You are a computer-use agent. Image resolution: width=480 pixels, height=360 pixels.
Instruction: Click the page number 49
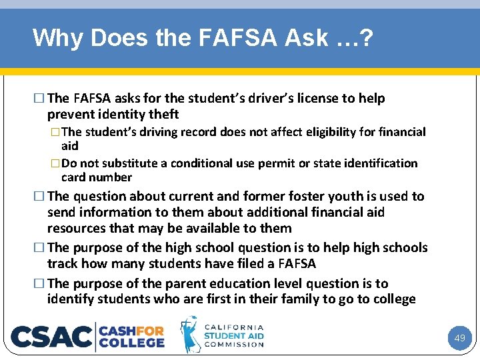point(459,338)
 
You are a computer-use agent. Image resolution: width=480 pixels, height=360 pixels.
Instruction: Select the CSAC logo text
point(51,336)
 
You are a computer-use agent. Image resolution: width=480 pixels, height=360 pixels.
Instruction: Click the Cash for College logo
point(131,336)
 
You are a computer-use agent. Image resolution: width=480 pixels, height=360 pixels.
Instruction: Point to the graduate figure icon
point(191,334)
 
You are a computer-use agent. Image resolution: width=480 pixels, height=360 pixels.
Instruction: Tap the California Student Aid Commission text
point(233,335)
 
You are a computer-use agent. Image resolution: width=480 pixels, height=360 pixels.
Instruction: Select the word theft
point(162,115)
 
